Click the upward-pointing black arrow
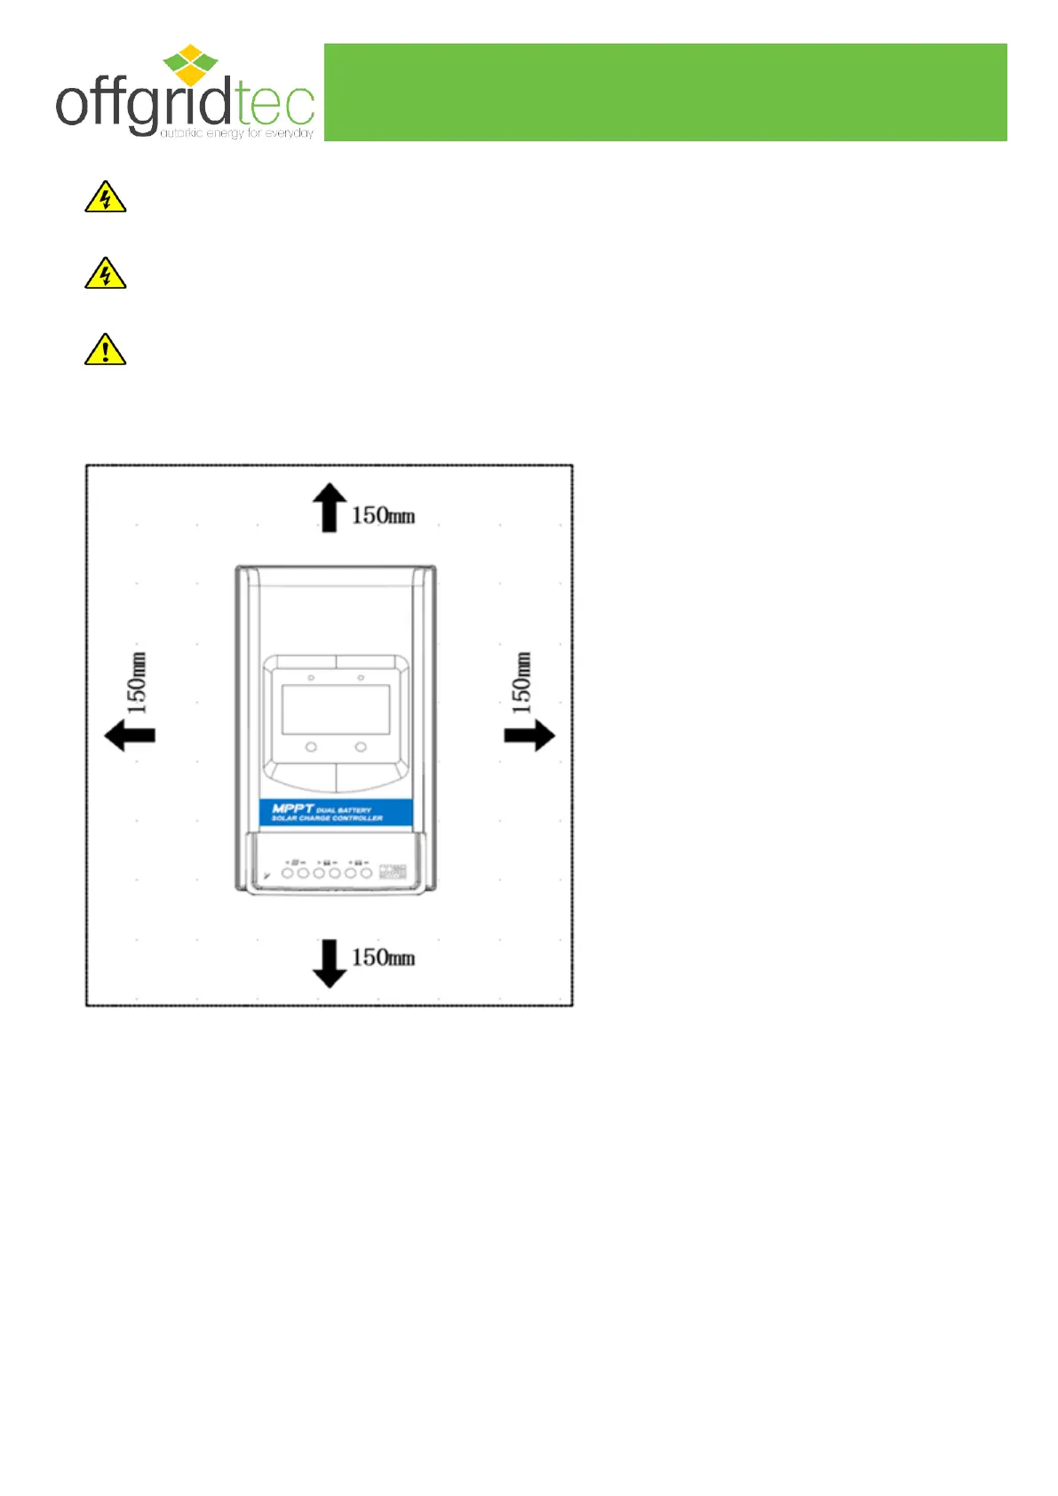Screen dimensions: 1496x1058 [x=329, y=507]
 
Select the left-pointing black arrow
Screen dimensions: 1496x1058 [x=130, y=736]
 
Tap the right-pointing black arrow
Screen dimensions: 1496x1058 [x=529, y=736]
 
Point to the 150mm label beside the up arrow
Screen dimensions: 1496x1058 [x=383, y=516]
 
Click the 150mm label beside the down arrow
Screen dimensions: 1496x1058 [x=383, y=958]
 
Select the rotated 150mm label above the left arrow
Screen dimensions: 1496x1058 [x=137, y=682]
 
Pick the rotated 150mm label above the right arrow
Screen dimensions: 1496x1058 [x=521, y=682]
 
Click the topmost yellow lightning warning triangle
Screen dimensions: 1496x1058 [x=105, y=197]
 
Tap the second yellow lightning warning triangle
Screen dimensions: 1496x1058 [x=105, y=274]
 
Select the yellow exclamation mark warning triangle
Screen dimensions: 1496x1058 [x=105, y=350]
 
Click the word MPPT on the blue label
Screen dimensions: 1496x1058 [x=292, y=808]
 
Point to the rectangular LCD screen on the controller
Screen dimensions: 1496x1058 [x=336, y=709]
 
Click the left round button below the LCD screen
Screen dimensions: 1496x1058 [x=311, y=747]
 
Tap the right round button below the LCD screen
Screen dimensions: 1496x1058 [x=361, y=747]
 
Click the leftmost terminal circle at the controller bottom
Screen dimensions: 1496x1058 [x=288, y=873]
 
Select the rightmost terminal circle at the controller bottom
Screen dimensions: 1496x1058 [x=366, y=873]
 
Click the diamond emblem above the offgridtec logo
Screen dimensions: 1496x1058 [x=190, y=64]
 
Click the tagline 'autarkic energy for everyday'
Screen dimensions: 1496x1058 [x=236, y=133]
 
